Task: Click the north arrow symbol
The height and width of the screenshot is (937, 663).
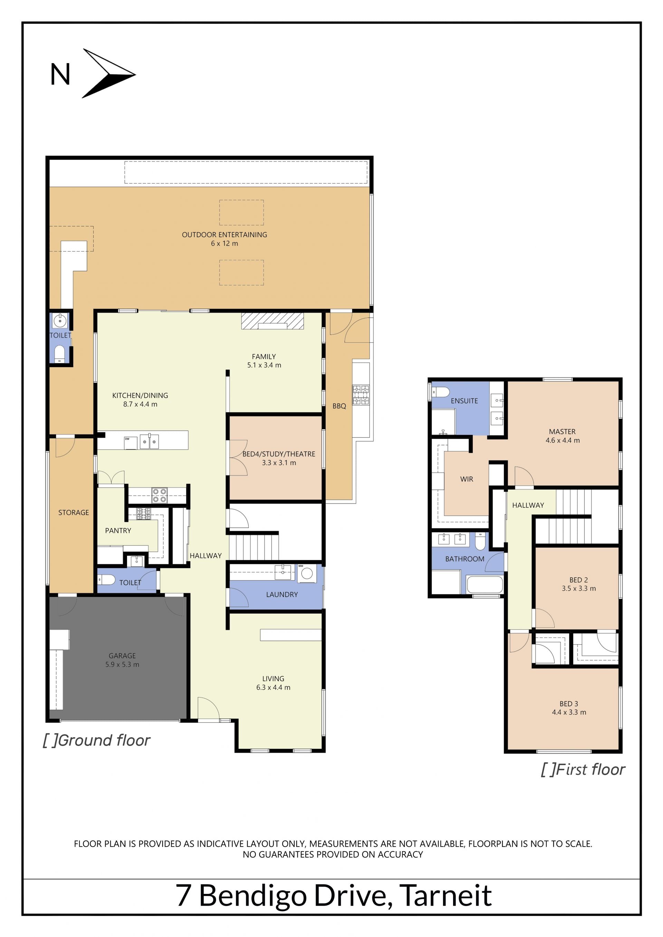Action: pos(108,74)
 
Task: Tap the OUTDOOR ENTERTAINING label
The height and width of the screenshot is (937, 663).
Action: pos(224,235)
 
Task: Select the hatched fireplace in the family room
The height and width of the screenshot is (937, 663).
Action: pos(272,321)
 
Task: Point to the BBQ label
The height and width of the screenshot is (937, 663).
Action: pos(339,406)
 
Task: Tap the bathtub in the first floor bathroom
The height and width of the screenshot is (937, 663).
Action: pos(484,584)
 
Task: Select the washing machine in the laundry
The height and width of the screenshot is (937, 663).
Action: pos(307,573)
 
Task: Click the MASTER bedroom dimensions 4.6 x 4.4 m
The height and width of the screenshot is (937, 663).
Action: pos(563,440)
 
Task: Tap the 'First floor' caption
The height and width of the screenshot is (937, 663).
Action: pos(583,769)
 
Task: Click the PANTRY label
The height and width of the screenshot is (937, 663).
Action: pos(118,530)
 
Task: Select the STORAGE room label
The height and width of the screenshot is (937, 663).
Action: pos(74,513)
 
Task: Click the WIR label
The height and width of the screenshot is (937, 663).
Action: pos(467,479)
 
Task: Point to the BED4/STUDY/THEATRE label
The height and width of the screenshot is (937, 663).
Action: pos(279,454)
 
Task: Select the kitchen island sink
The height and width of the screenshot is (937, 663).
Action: pos(149,441)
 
